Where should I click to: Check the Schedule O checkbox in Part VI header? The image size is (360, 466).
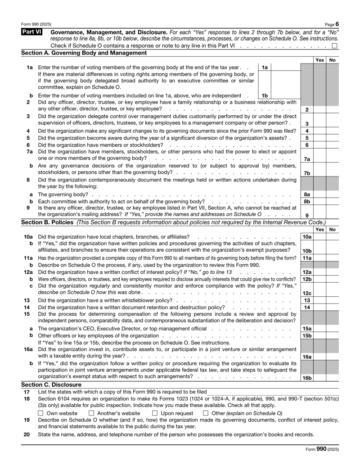click(334, 46)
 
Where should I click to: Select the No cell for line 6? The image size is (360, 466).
click(333, 145)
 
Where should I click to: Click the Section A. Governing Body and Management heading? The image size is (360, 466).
click(84, 53)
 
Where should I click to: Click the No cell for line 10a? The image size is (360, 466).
click(333, 236)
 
